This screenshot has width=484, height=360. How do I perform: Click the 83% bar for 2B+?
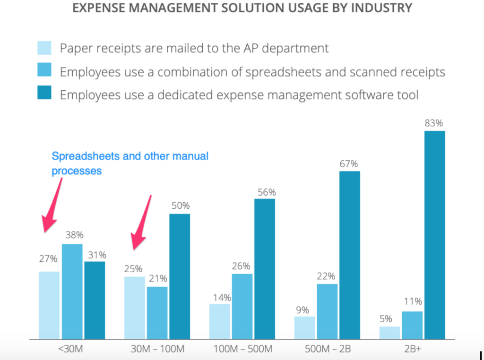click(x=434, y=235)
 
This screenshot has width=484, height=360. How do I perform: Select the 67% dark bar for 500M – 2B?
click(x=349, y=255)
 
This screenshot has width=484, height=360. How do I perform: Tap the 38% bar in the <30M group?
click(x=72, y=291)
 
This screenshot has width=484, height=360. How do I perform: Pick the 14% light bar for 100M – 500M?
click(x=219, y=321)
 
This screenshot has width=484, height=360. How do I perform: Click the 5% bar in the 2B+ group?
click(x=389, y=333)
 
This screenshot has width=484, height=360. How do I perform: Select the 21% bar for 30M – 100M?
click(x=157, y=313)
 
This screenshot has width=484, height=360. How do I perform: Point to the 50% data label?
click(x=180, y=206)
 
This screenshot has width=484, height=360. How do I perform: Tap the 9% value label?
click(x=302, y=310)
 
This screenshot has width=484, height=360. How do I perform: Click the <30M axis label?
click(x=70, y=350)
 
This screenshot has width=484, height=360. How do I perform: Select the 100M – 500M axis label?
click(x=242, y=350)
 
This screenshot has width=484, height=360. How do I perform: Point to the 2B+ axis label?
click(x=412, y=350)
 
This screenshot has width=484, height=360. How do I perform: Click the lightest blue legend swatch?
click(x=44, y=48)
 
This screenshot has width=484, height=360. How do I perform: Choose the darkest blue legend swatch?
click(x=44, y=94)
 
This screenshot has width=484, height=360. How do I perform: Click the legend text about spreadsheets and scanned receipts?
click(x=252, y=72)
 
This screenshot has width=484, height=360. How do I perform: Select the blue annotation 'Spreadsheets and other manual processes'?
click(x=130, y=163)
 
